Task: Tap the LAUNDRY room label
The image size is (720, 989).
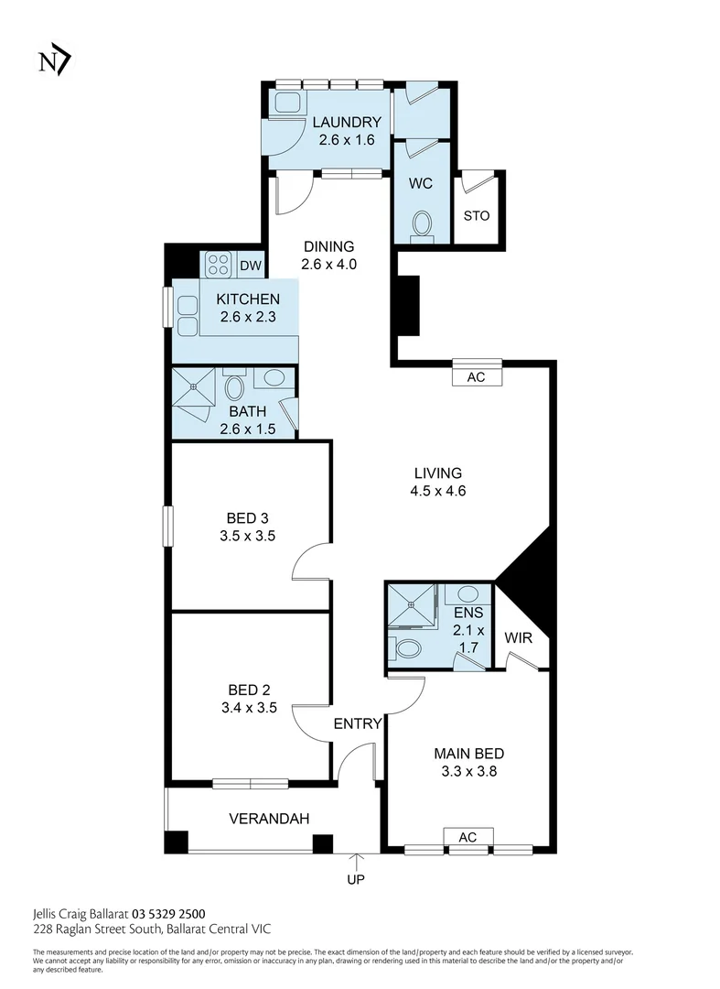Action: click(346, 123)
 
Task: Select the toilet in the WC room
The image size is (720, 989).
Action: click(422, 223)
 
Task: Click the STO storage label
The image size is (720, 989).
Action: click(476, 216)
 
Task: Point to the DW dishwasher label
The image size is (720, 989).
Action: click(250, 266)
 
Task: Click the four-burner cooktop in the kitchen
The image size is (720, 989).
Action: click(219, 266)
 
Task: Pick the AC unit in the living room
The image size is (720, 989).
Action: click(476, 375)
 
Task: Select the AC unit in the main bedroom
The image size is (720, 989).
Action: click(468, 837)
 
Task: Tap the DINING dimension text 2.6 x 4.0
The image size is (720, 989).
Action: click(328, 264)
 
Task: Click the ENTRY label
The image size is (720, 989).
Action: click(357, 723)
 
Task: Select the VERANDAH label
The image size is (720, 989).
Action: click(256, 818)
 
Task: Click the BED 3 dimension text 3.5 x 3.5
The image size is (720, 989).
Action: click(247, 537)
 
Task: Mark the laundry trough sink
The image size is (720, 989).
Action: click(286, 102)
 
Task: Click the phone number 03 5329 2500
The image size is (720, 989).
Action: click(168, 913)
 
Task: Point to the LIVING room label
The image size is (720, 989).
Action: click(438, 473)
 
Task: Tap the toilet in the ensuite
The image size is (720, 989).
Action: click(408, 648)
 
